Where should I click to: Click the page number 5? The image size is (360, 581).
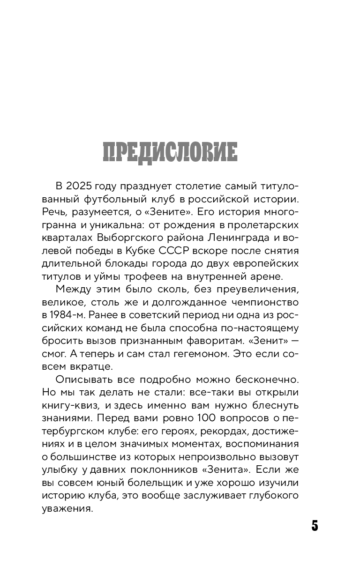pos(315,526)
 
